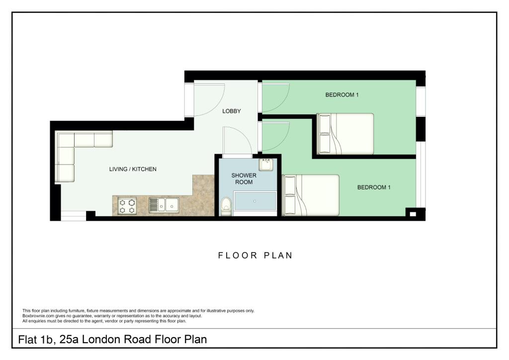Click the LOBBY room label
(232, 111)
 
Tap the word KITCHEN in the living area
(145, 169)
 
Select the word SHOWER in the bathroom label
(244, 176)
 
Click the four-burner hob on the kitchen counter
(127, 206)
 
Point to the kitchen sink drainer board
(153, 205)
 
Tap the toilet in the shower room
(226, 207)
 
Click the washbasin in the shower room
(266, 164)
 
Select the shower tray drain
(254, 201)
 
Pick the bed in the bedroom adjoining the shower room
(311, 195)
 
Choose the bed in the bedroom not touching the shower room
(345, 133)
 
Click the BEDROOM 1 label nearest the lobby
(342, 95)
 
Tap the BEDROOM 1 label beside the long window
(374, 187)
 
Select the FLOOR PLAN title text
(255, 256)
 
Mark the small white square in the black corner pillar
(413, 214)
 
